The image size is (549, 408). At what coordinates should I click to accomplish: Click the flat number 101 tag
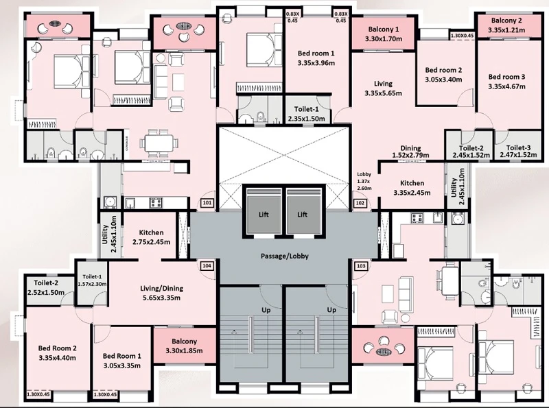pyautogui.click(x=208, y=203)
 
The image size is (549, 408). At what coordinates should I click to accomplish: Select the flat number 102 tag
pyautogui.click(x=360, y=203)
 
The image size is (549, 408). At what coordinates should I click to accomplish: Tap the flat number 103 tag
pyautogui.click(x=361, y=266)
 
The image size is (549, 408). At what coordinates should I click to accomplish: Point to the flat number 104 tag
pyautogui.click(x=207, y=266)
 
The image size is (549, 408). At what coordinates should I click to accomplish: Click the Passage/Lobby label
pyautogui.click(x=285, y=256)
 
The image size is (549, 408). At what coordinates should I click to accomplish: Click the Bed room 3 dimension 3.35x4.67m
pyautogui.click(x=506, y=86)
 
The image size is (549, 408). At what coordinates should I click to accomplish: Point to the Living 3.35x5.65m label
pyautogui.click(x=383, y=88)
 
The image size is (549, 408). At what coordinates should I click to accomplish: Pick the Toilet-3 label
pyautogui.click(x=518, y=148)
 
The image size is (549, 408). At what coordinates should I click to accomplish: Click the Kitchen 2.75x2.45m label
pyautogui.click(x=151, y=237)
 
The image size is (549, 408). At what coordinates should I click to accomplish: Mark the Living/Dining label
pyautogui.click(x=162, y=289)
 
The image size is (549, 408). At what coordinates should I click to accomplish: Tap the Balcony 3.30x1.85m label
pyautogui.click(x=184, y=346)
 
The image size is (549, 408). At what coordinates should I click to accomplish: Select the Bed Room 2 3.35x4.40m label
pyautogui.click(x=57, y=352)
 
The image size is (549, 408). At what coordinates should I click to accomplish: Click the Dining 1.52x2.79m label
pyautogui.click(x=410, y=152)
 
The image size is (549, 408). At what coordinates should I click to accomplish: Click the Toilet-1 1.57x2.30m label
pyautogui.click(x=92, y=280)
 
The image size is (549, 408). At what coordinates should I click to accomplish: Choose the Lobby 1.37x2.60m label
pyautogui.click(x=364, y=181)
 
